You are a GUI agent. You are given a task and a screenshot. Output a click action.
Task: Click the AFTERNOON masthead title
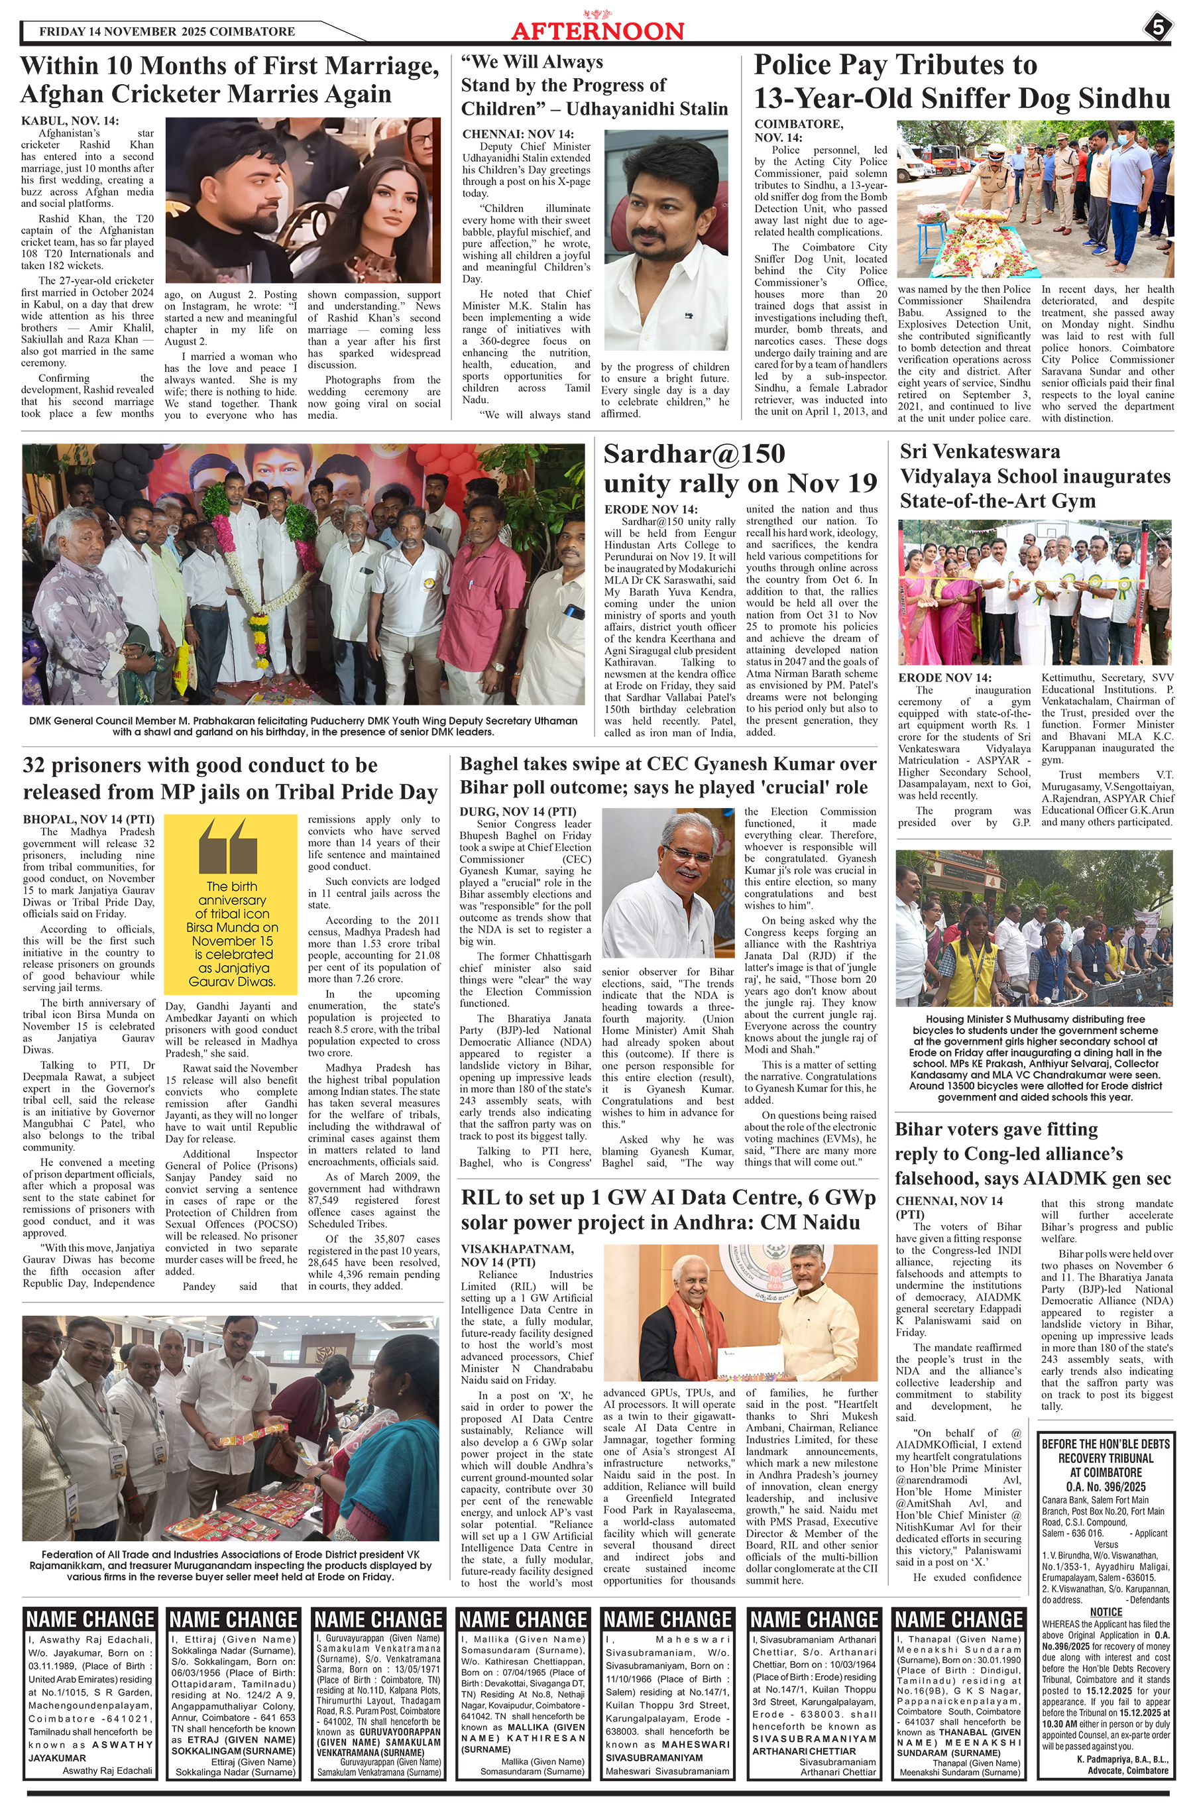pyautogui.click(x=597, y=30)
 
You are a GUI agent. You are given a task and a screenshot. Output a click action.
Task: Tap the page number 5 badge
pyautogui.click(x=1157, y=28)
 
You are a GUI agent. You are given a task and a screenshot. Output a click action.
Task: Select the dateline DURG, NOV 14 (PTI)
pyautogui.click(x=518, y=812)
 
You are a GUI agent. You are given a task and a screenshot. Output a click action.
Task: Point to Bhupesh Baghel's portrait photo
pyautogui.click(x=668, y=882)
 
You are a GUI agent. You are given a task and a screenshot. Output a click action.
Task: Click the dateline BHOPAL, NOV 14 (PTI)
pyautogui.click(x=88, y=819)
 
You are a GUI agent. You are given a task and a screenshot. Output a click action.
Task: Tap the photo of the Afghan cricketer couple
pyautogui.click(x=303, y=200)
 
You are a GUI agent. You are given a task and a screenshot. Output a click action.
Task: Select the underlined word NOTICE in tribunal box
pyautogui.click(x=1106, y=1612)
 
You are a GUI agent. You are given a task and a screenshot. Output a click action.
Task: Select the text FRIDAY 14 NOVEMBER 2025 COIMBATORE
pyautogui.click(x=166, y=32)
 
